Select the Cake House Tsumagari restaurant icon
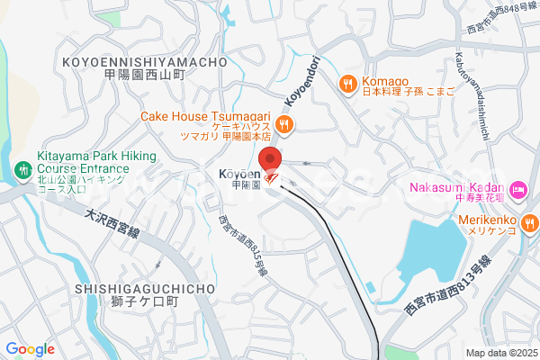(284, 124)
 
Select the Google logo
(30, 349)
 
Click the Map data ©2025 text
(500, 353)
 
